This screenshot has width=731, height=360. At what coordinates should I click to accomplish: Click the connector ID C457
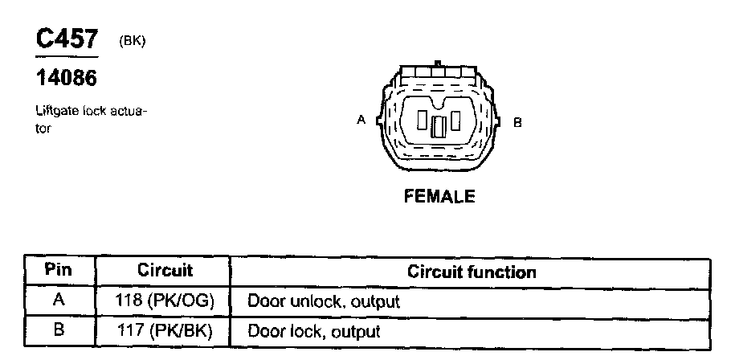[67, 40]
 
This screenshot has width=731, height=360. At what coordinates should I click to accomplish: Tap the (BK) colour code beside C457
[132, 42]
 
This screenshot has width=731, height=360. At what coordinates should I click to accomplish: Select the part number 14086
[67, 79]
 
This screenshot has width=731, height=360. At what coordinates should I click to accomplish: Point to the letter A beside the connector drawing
[361, 121]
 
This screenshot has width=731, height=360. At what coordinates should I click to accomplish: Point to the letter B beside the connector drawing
[518, 122]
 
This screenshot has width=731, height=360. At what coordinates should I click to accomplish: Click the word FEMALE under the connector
[439, 196]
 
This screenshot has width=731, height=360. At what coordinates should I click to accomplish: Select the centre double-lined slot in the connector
[439, 126]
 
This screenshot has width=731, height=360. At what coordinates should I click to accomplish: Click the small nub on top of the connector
[438, 62]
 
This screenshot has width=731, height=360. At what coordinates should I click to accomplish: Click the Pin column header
[58, 271]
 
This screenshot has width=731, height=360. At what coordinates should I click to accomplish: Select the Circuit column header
[165, 271]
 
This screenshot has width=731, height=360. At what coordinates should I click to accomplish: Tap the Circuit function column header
[472, 272]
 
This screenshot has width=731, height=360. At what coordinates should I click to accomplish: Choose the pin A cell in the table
[58, 301]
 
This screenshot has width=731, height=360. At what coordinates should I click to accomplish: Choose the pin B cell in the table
[58, 330]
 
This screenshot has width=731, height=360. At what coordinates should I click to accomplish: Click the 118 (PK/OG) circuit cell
[165, 301]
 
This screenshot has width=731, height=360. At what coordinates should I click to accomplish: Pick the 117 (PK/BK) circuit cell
[165, 330]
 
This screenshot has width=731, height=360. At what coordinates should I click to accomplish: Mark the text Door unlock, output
[323, 302]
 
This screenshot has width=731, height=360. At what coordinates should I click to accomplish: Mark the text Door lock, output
[313, 330]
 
